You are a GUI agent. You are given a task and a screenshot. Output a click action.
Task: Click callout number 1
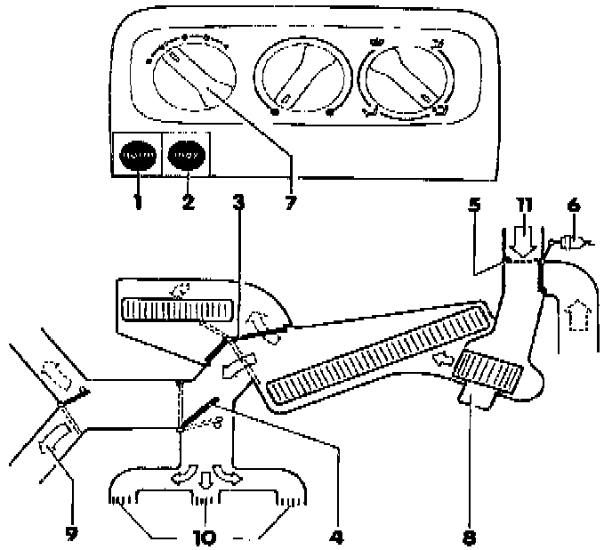click(138, 203)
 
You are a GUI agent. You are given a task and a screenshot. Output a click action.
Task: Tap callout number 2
click(188, 203)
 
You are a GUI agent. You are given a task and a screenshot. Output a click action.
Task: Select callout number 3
click(238, 202)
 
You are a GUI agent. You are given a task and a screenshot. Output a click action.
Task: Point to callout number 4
click(337, 537)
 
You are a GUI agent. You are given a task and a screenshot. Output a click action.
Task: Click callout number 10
click(205, 537)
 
